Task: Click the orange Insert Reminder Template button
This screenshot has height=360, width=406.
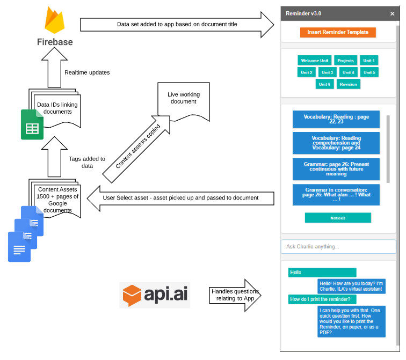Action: click(x=338, y=32)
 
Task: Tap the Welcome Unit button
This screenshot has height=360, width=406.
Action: click(x=314, y=61)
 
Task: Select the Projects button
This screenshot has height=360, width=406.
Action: click(x=345, y=61)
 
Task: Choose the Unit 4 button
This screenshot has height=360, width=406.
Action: click(x=349, y=72)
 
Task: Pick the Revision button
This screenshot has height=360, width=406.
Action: click(x=348, y=84)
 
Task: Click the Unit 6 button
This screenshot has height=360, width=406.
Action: click(x=325, y=84)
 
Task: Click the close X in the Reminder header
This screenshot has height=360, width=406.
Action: click(x=392, y=13)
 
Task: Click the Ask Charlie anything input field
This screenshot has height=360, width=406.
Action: click(x=338, y=246)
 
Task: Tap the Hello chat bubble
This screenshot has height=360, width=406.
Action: click(x=322, y=273)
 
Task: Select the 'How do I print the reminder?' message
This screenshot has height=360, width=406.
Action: click(x=322, y=299)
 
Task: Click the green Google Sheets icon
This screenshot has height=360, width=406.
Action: click(x=32, y=124)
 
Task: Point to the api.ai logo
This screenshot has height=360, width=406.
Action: click(x=155, y=295)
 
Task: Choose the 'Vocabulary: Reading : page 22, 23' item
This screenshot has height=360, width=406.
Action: click(x=336, y=119)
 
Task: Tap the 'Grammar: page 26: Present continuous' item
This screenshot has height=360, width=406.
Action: click(x=336, y=168)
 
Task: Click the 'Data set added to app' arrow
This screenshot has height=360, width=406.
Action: click(x=177, y=24)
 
